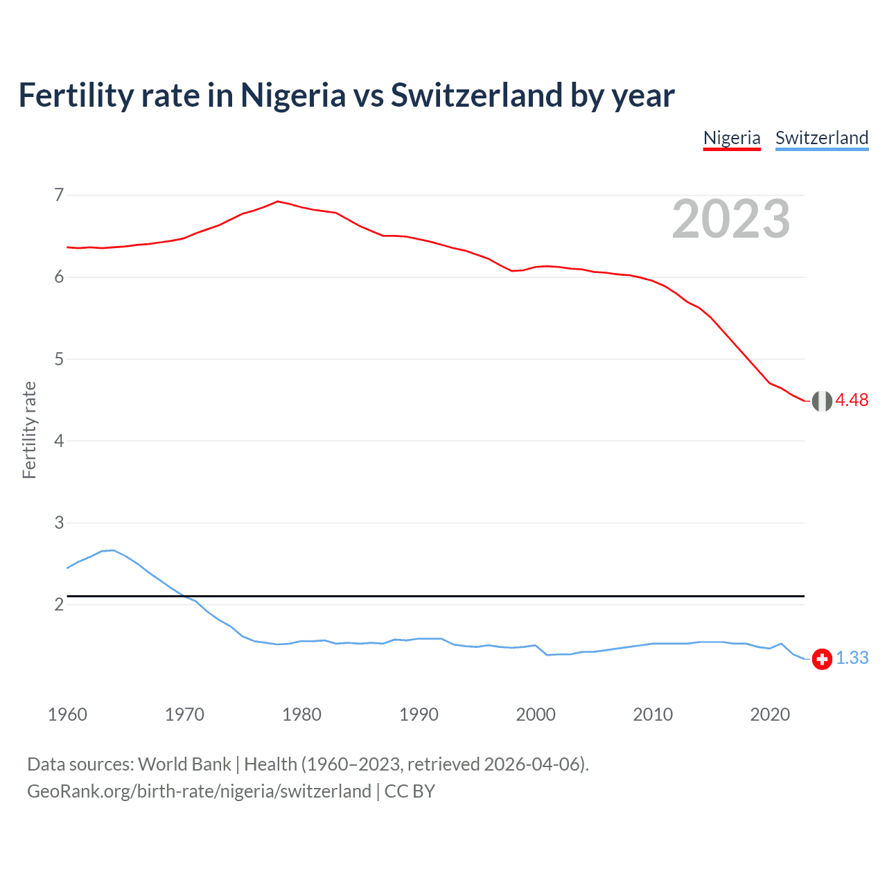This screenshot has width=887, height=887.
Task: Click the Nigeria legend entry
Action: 732,138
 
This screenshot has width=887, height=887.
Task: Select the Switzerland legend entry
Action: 821,138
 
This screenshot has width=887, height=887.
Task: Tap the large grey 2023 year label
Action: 730,219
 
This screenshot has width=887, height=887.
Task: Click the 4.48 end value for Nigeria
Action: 852,401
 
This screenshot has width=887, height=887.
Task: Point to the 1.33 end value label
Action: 852,658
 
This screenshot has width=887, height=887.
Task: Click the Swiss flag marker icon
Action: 822,659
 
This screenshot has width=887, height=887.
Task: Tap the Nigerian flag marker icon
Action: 822,401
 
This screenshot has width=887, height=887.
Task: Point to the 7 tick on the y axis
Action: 59,195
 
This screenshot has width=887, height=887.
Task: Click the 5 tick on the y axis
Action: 59,359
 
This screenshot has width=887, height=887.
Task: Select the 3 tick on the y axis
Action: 59,522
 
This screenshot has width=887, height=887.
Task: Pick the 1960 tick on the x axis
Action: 67,714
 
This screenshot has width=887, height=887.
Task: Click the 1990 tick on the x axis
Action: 419,714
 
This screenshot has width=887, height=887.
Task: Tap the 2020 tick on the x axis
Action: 770,714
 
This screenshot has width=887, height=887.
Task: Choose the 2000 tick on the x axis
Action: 536,714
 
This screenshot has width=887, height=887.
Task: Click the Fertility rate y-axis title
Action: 29,430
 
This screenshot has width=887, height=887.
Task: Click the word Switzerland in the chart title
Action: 476,96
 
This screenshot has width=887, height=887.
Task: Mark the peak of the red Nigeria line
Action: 278,202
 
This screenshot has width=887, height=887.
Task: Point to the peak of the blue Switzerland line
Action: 113,550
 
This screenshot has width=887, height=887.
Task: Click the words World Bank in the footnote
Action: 184,764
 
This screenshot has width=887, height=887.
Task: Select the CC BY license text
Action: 410,791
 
